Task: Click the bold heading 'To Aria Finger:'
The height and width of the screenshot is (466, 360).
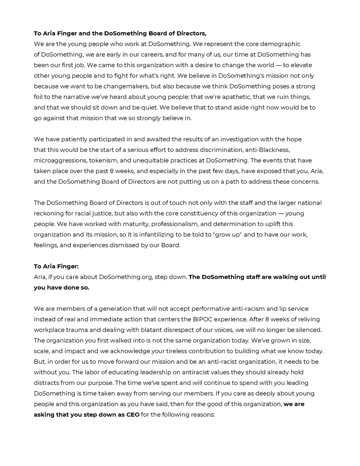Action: [56, 266]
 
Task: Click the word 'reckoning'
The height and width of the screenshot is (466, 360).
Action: [52, 214]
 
